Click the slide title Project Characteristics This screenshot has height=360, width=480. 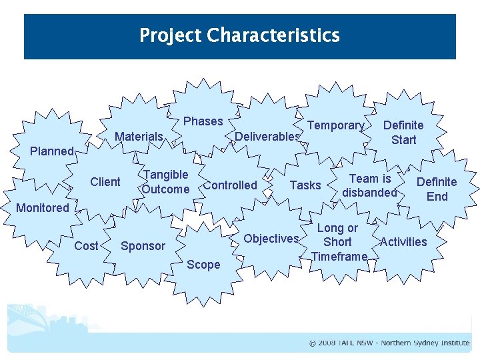click(x=239, y=35)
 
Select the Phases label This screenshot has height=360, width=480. click(x=203, y=121)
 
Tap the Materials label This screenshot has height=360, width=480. click(x=139, y=137)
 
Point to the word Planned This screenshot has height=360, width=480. click(x=51, y=151)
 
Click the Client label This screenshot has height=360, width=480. click(x=105, y=182)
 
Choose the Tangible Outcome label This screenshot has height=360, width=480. click(x=165, y=182)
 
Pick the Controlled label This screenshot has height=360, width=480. click(x=230, y=185)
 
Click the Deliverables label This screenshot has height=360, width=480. click(x=267, y=137)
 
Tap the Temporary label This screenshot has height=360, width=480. click(x=335, y=125)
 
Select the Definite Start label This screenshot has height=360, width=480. click(x=403, y=133)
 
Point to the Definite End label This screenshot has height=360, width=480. click(x=437, y=189)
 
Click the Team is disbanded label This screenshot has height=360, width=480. click(x=369, y=186)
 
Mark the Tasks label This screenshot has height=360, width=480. click(x=305, y=185)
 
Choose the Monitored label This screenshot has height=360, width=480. click(x=43, y=208)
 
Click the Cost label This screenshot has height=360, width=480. click(x=86, y=246)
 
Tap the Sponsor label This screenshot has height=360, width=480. click(x=143, y=246)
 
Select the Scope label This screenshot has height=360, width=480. click(x=203, y=265)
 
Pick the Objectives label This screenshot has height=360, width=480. click(x=271, y=239)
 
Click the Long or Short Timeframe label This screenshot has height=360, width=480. click(x=339, y=243)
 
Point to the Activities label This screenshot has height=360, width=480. click(x=403, y=242)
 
